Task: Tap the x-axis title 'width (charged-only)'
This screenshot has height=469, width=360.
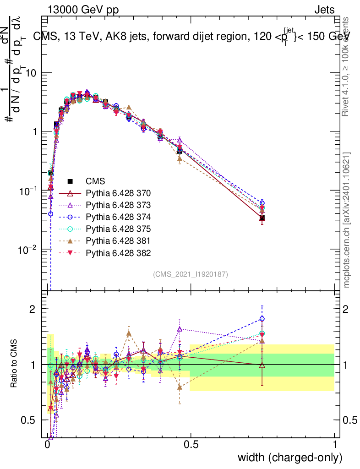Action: click(290, 458)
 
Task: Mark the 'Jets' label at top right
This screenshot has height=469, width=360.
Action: click(324, 10)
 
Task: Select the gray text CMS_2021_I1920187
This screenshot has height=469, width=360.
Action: click(191, 274)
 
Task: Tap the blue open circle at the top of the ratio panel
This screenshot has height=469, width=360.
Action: click(262, 319)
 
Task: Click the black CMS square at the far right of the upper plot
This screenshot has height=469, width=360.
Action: click(262, 218)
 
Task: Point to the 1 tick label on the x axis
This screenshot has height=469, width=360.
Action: click(334, 444)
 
